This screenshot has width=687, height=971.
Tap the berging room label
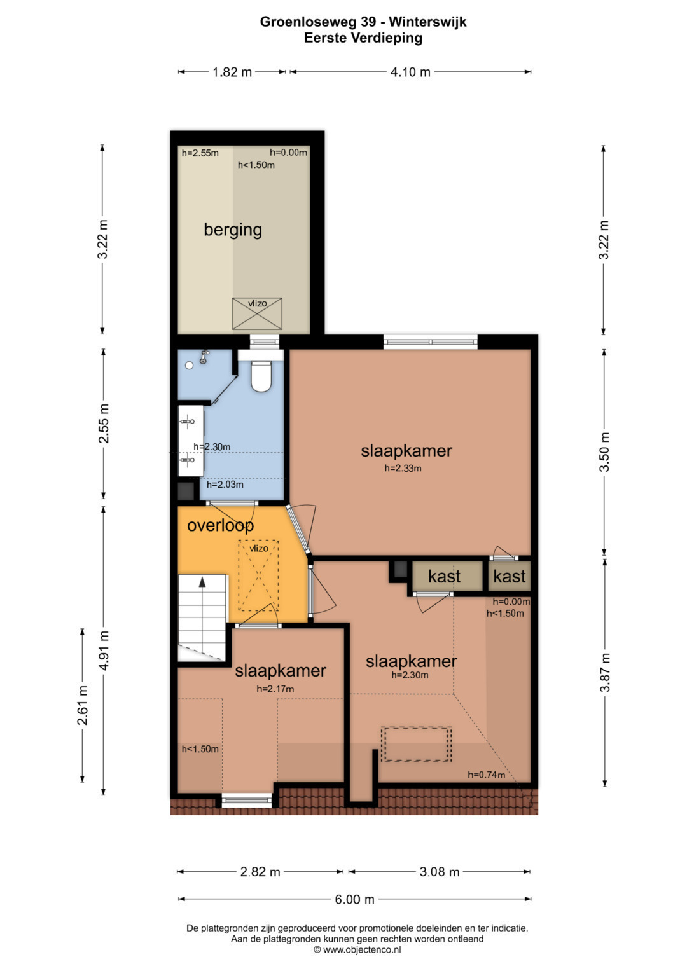[233, 230]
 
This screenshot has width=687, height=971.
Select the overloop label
[220, 525]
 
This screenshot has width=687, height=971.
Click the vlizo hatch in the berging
[257, 313]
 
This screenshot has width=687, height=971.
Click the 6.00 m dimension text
[354, 900]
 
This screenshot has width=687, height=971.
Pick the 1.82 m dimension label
[232, 72]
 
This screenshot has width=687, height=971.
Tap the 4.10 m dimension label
[410, 72]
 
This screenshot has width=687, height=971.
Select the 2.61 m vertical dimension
[83, 705]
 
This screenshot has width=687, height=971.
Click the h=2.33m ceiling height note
[403, 468]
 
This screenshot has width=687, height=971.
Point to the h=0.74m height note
[486, 775]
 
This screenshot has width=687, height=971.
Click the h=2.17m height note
[275, 689]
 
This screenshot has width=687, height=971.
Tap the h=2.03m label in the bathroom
[225, 485]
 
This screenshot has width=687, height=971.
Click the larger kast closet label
[444, 577]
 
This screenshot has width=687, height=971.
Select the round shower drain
[189, 366]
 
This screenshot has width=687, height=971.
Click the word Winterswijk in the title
[427, 22]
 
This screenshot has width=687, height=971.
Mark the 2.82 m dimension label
[260, 872]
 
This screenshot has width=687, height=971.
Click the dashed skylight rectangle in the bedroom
[417, 744]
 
